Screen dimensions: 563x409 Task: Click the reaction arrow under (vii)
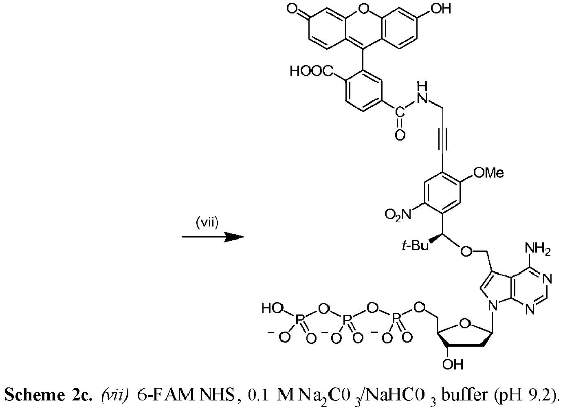pyautogui.click(x=213, y=237)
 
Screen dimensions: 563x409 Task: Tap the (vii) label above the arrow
pyautogui.click(x=207, y=223)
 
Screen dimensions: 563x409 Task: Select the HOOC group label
pyautogui.click(x=312, y=71)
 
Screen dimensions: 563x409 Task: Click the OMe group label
pyautogui.click(x=488, y=173)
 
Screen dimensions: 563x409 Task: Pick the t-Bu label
pyautogui.click(x=415, y=246)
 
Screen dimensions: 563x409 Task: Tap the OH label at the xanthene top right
pyautogui.click(x=441, y=9)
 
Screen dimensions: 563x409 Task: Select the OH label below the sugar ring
pyautogui.click(x=453, y=364)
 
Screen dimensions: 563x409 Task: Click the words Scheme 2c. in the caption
pyautogui.click(x=47, y=395)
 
